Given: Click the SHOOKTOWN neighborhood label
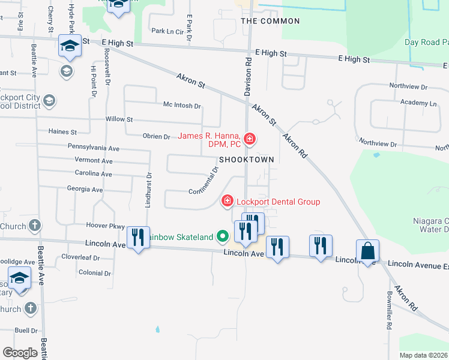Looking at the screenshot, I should click(246, 160).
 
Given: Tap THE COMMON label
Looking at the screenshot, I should click(270, 21).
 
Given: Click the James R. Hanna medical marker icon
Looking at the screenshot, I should click(249, 140).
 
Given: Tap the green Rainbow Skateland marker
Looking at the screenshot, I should click(223, 236).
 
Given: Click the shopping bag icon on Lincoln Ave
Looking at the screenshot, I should click(367, 251).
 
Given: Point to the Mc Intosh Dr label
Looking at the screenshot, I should click(182, 106).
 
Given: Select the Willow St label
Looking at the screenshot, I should click(119, 119).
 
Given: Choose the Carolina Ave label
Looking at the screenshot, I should click(94, 174).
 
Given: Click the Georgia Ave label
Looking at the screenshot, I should click(85, 189).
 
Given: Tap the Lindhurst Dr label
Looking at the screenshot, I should click(147, 191).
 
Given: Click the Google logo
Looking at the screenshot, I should click(20, 353).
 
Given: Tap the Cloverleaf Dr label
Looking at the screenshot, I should click(80, 257).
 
